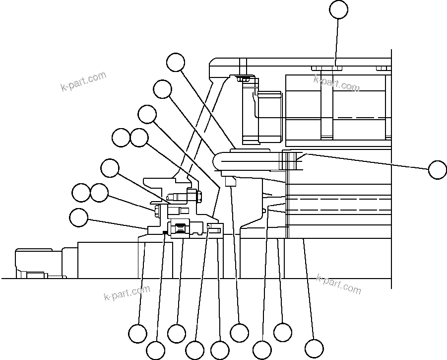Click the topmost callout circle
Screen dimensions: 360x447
tap(339, 9)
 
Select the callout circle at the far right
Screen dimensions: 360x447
tap(437, 169)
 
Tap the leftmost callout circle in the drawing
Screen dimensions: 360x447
tap(78, 217)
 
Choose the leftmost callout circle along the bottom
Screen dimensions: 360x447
tap(137, 333)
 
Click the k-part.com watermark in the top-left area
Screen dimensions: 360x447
tap(83, 82)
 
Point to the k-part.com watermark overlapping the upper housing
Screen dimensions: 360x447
tap(336, 83)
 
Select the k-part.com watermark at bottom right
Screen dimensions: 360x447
tap(338, 283)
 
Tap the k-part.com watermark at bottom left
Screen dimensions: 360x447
tap(127, 293)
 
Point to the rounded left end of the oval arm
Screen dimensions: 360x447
tap(219, 161)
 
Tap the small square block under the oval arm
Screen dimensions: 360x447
tap(229, 182)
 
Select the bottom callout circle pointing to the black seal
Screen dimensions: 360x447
tap(156, 351)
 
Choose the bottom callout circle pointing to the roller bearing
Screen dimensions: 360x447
tap(177, 333)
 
